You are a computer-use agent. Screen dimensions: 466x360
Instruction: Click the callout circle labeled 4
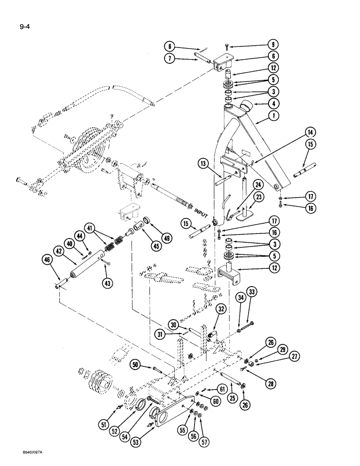273,103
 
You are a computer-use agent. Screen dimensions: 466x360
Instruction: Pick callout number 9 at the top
273,45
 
